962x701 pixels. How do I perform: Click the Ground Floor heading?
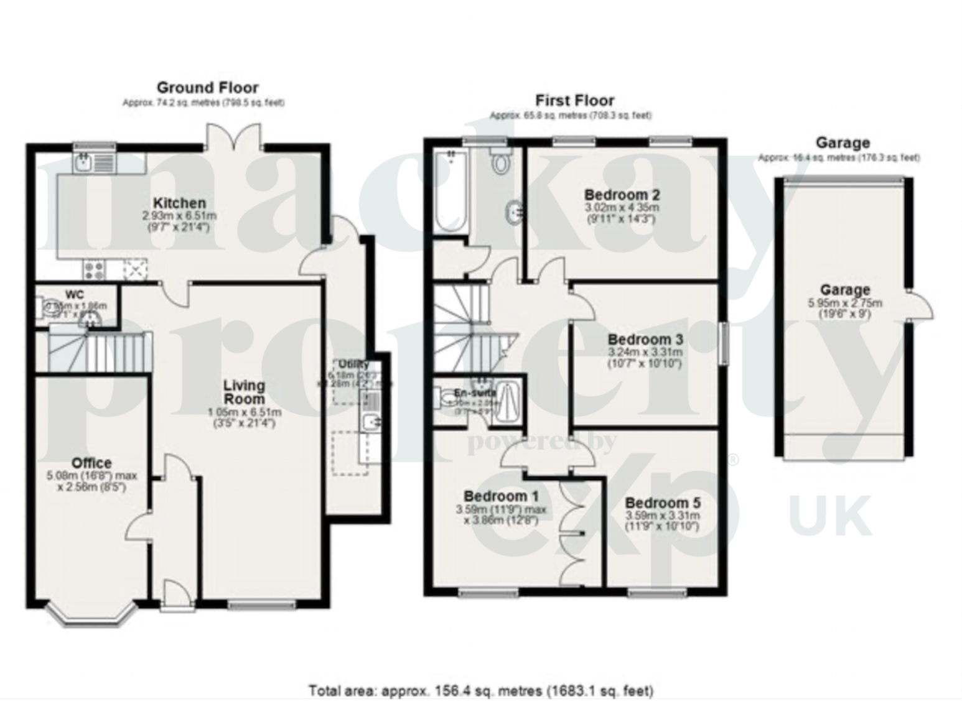tap(207, 88)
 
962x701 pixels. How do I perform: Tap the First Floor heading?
tap(574, 101)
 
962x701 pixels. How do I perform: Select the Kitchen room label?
tap(179, 203)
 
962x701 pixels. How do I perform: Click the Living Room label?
tap(244, 392)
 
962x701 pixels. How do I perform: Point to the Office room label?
tap(91, 463)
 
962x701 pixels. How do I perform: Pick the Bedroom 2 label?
tap(622, 194)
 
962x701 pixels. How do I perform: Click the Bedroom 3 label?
tap(645, 340)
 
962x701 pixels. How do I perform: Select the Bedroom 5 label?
tap(662, 503)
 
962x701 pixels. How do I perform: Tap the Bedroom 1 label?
tap(501, 496)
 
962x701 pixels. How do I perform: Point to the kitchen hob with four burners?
tap(95, 270)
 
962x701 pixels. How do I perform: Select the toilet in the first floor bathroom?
tap(500, 162)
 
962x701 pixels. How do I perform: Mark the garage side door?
tap(920, 305)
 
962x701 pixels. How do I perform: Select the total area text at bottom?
tap(481, 690)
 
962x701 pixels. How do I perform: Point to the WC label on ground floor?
tap(75, 295)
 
